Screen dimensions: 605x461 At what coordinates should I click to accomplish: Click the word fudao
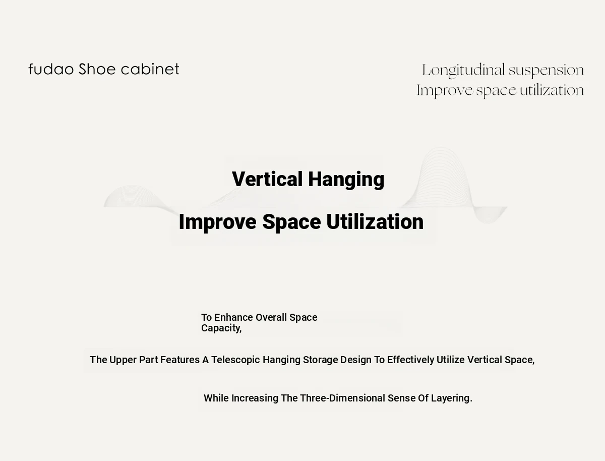(x=51, y=69)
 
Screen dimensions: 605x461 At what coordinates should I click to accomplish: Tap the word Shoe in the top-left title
(x=97, y=69)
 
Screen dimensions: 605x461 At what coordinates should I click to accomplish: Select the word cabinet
(x=150, y=69)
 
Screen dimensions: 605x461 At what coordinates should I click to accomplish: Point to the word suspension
(x=546, y=71)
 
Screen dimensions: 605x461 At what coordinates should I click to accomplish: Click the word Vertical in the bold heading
(x=267, y=179)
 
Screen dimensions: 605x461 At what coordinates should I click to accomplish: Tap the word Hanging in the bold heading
(x=346, y=180)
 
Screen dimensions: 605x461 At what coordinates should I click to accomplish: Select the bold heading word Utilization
(x=375, y=222)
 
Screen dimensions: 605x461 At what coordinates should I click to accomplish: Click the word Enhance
(x=234, y=317)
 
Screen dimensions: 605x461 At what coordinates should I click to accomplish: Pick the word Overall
(x=271, y=317)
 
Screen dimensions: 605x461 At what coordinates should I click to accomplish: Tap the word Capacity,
(x=221, y=328)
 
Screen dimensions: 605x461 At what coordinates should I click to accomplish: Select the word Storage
(x=321, y=360)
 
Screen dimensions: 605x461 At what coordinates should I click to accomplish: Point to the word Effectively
(x=411, y=360)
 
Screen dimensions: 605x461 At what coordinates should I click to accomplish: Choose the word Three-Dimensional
(x=343, y=398)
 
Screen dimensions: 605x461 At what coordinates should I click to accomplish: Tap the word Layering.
(x=452, y=398)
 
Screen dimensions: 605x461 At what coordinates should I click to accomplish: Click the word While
(x=216, y=398)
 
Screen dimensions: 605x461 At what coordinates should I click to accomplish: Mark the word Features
(x=180, y=360)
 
